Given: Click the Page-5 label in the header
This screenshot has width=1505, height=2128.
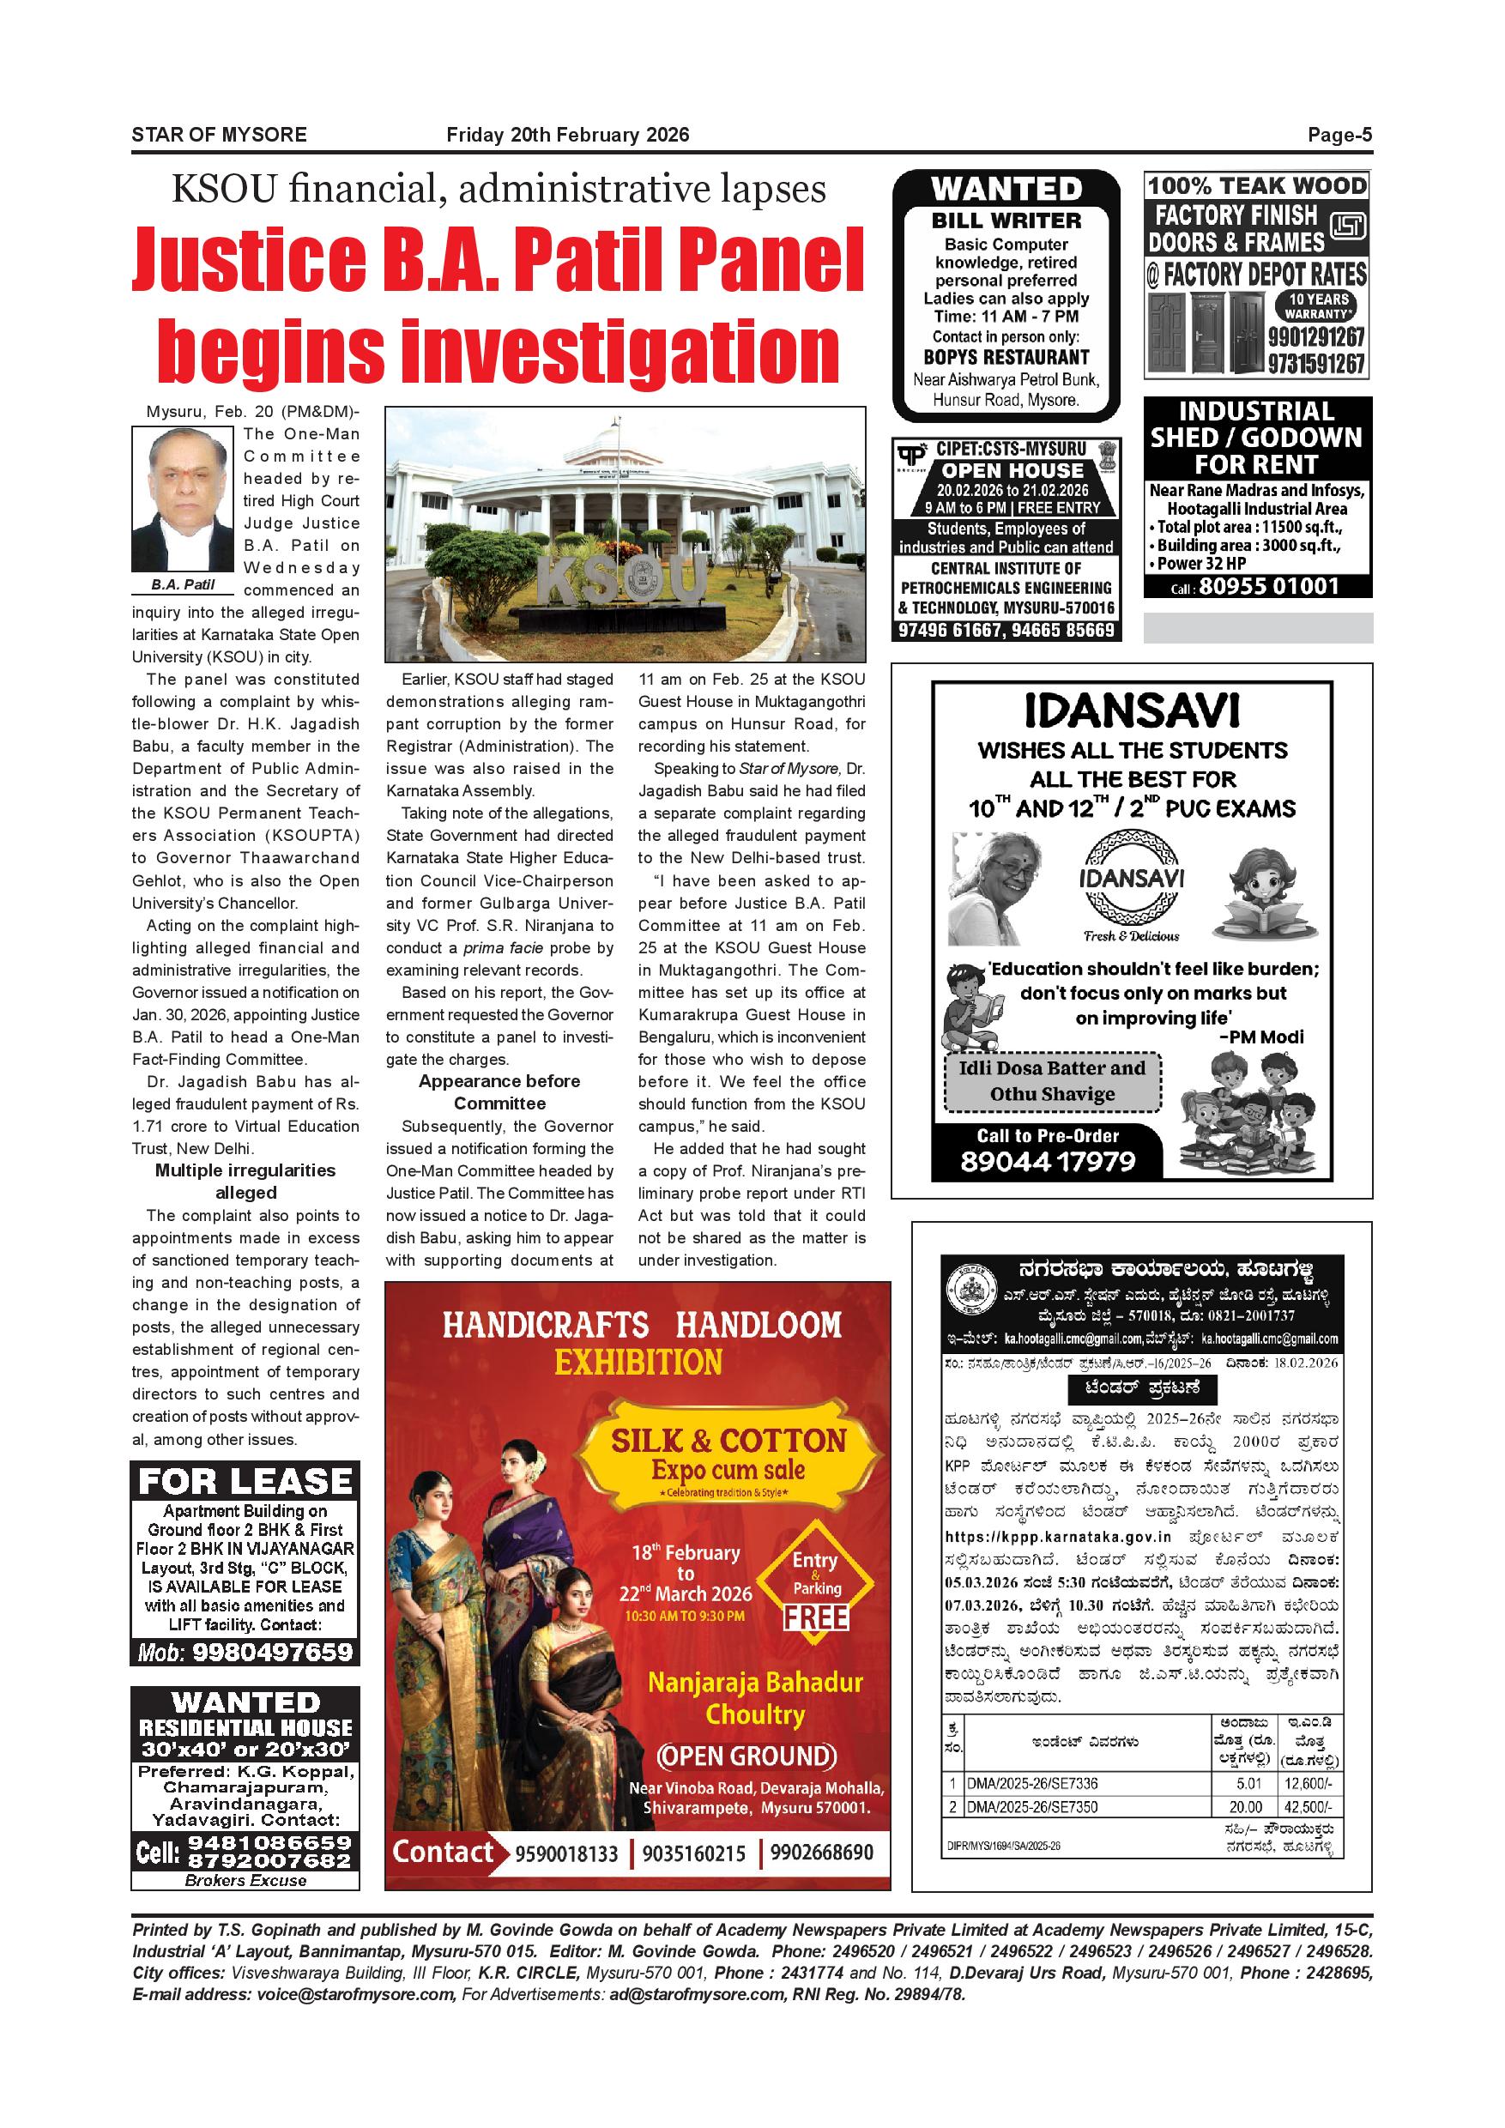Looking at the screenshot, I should tap(1339, 136).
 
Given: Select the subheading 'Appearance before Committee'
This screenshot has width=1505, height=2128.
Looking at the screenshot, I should tap(499, 1091).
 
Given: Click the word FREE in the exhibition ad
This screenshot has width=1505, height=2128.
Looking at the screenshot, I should tap(815, 1617).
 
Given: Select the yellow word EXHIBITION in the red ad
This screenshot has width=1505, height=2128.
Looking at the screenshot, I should tap(638, 1362).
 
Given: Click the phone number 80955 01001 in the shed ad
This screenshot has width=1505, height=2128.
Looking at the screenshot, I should tap(1269, 586).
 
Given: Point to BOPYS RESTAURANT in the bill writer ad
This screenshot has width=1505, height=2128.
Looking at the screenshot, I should tap(1006, 357).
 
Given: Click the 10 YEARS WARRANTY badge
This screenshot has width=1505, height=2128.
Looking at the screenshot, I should tap(1318, 305).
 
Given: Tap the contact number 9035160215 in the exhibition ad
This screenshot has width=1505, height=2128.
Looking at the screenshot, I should tap(693, 1853).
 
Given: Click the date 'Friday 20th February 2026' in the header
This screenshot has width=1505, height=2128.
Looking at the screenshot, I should tap(567, 136).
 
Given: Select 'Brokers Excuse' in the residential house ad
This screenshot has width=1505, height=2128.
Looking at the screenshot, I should tap(245, 1881).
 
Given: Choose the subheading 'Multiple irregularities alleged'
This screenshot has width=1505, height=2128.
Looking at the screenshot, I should tap(245, 1181).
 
